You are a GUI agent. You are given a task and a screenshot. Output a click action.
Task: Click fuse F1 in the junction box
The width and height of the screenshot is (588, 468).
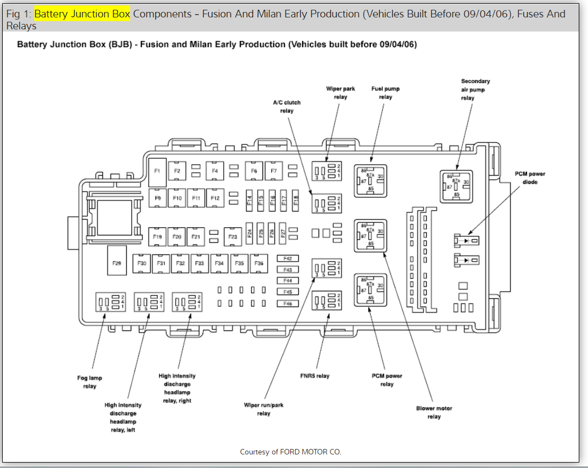(157, 171)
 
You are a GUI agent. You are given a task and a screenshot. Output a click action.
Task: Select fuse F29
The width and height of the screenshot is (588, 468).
(117, 263)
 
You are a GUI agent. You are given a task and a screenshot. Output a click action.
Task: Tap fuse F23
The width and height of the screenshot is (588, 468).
(232, 236)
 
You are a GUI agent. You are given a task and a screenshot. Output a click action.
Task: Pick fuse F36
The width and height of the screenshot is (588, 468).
(259, 263)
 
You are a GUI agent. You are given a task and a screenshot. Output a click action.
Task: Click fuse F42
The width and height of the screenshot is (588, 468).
(288, 258)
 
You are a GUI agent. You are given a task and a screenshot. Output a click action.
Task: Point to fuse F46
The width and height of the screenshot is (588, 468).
(288, 303)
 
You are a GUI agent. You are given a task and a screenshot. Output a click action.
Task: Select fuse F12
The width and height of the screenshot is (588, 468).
(215, 198)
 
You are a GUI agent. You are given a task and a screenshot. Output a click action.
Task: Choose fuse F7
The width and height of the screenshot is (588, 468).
(273, 171)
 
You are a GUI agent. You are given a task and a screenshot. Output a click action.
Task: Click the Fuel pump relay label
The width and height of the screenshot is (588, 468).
(385, 92)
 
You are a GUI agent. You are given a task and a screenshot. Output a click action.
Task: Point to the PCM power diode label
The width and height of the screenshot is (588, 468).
(530, 178)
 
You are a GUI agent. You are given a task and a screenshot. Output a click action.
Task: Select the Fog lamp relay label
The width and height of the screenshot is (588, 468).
(89, 382)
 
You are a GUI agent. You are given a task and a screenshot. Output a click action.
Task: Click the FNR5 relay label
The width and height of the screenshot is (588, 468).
(315, 376)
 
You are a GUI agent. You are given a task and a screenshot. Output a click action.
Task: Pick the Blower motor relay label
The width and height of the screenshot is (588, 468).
(434, 413)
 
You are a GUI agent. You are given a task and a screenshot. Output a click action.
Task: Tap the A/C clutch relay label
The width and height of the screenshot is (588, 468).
(286, 106)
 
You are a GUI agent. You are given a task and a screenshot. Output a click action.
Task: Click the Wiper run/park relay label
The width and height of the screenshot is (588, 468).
(264, 409)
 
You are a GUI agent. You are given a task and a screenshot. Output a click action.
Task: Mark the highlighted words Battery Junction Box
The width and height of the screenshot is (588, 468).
(82, 14)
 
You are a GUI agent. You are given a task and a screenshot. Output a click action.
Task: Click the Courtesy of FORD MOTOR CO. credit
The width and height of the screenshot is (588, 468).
(291, 452)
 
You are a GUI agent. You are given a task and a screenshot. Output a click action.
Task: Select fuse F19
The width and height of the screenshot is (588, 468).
(157, 236)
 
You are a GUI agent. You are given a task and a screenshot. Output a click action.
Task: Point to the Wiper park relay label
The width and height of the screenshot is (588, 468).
(340, 92)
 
